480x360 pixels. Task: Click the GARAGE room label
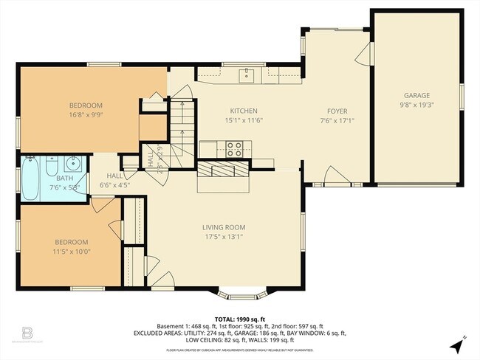pos(416,96)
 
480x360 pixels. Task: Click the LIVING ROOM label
pos(224,227)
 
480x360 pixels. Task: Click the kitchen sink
pos(246,75)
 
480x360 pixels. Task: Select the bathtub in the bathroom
pos(30,179)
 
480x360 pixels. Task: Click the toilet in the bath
pos(51,162)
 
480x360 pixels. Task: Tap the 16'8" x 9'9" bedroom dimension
pos(86,115)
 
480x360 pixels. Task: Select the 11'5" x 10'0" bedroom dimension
pos(71,251)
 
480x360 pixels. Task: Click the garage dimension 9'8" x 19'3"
pos(416,105)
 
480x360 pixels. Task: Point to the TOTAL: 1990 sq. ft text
pos(239,318)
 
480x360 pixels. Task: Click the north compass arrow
pos(462,342)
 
